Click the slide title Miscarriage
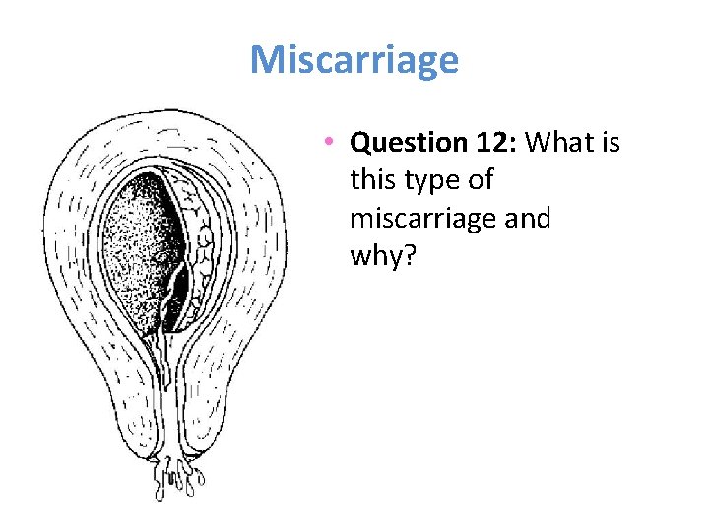pos(354,60)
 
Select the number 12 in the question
pos(489,144)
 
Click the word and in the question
pos(528,219)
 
